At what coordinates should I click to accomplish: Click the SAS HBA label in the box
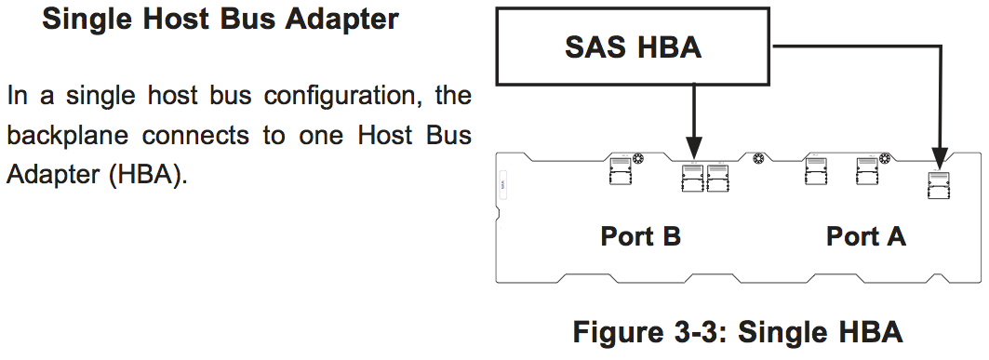pyautogui.click(x=633, y=47)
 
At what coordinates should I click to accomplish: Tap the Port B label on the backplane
pyautogui.click(x=641, y=236)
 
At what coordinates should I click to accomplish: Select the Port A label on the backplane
pyautogui.click(x=866, y=236)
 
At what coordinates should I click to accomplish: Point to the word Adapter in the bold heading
pyautogui.click(x=341, y=19)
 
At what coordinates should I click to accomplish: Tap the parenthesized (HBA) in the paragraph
pyautogui.click(x=148, y=174)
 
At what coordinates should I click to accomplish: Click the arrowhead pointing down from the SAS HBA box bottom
pyautogui.click(x=693, y=150)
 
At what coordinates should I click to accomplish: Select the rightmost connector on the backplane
pyautogui.click(x=938, y=185)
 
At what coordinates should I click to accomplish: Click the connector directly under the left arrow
pyautogui.click(x=692, y=177)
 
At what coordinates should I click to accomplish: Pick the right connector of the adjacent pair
pyautogui.click(x=717, y=177)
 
